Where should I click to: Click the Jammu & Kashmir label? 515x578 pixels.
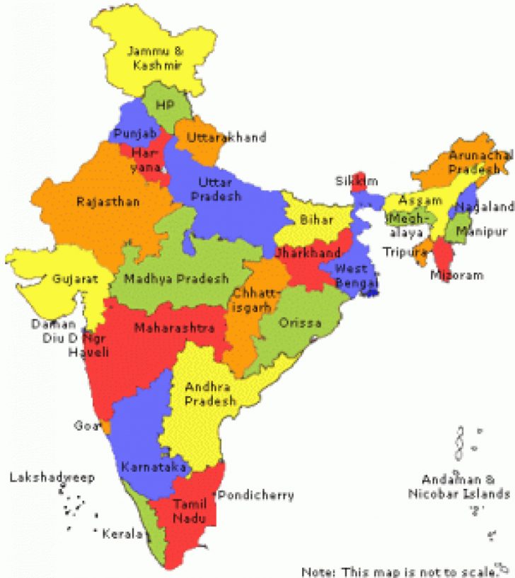[155, 57]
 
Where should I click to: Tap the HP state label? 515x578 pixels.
[163, 104]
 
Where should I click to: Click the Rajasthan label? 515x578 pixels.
[108, 202]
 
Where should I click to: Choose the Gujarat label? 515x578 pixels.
[74, 279]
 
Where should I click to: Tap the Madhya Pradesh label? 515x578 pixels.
[176, 279]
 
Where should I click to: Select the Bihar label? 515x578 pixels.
[316, 220]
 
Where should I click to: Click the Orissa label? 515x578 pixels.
[300, 323]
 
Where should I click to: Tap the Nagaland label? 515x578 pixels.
[485, 207]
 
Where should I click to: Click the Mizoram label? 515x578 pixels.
[457, 275]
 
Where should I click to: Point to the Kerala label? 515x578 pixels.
[122, 533]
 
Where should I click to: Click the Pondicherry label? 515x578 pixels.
[256, 495]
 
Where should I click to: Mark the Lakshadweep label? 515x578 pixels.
[52, 478]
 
